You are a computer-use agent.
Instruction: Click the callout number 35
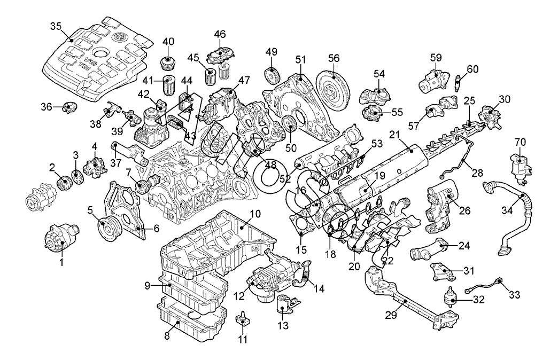coord(56,26)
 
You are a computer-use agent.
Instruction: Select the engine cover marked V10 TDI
coord(99,59)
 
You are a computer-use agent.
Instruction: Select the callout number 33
coord(514,294)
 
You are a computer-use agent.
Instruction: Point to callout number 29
coord(391,316)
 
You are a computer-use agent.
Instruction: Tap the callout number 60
coord(472,69)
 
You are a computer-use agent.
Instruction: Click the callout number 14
coord(319,289)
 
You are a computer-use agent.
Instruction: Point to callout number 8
coord(167,336)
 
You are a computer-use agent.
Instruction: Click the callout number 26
coord(465,210)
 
